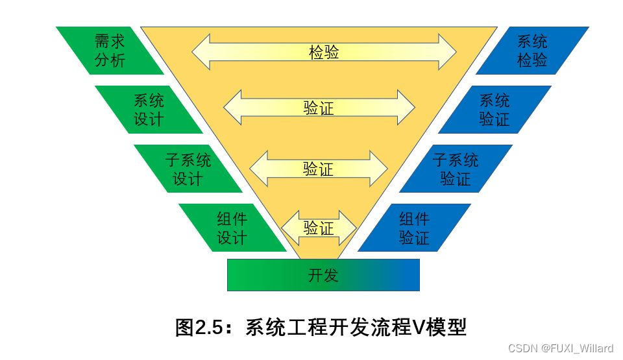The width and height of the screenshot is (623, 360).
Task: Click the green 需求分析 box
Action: point(110,51)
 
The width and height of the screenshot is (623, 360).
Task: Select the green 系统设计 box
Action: point(149,110)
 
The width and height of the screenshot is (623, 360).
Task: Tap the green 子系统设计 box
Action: point(188,169)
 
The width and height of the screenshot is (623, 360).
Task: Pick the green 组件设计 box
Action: point(232,228)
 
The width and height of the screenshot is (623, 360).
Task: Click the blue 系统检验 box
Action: point(532,51)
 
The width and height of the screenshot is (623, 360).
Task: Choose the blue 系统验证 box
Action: point(495,110)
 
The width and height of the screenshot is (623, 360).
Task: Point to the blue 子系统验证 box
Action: point(456,169)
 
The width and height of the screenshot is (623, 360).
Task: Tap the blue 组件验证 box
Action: point(414,228)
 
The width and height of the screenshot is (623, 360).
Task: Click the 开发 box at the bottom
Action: point(323,275)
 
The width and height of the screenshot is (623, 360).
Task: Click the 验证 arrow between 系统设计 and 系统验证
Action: point(319,108)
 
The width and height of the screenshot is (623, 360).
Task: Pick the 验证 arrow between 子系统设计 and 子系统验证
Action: point(318,169)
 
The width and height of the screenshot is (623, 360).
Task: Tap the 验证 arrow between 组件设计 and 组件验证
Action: point(318,228)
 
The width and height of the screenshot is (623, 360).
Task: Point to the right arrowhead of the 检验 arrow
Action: point(448,52)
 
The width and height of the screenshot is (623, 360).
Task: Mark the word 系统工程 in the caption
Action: point(281,327)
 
